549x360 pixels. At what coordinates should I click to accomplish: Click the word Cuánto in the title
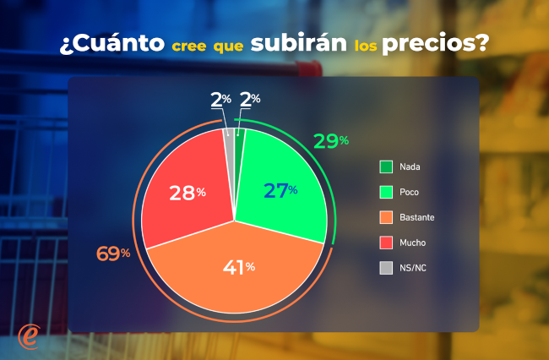click(116, 43)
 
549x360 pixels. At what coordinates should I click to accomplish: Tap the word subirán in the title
click(299, 42)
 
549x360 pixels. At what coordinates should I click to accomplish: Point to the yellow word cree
click(189, 46)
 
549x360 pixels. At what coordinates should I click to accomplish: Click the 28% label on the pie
click(188, 193)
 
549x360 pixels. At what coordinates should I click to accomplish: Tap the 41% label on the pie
click(239, 268)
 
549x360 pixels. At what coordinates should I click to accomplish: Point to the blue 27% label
click(280, 191)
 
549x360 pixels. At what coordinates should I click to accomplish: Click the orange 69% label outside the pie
click(113, 254)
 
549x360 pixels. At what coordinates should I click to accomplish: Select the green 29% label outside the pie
click(331, 141)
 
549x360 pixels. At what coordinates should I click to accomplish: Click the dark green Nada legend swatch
click(386, 166)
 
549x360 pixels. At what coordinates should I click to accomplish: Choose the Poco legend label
click(410, 192)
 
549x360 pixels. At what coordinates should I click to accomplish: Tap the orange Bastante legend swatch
click(386, 217)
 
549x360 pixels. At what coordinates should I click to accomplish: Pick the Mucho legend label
click(413, 243)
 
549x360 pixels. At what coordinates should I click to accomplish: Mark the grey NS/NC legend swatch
click(386, 268)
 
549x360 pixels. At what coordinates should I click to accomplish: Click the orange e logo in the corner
click(29, 337)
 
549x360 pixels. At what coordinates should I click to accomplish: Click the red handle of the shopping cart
click(309, 68)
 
